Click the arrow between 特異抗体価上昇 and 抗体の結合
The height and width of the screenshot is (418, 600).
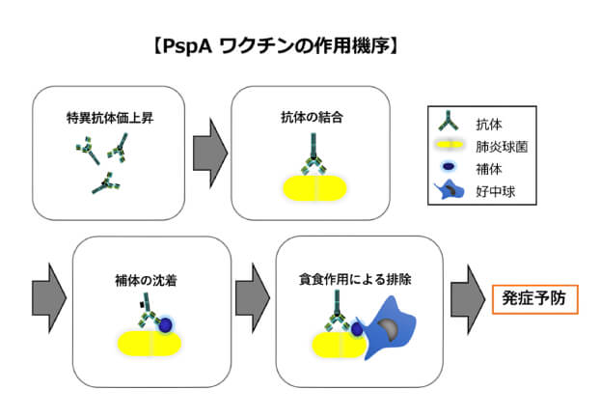click(x=209, y=151)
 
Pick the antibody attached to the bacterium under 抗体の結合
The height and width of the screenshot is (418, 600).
click(x=314, y=151)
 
